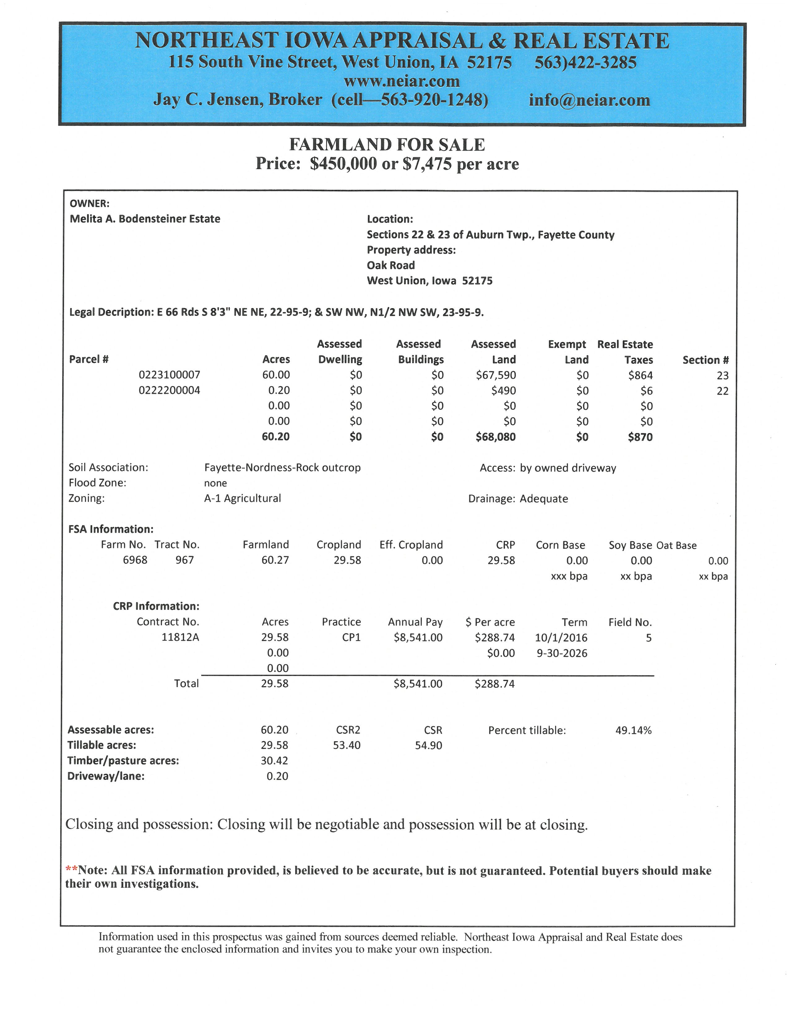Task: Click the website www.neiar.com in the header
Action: [402, 81]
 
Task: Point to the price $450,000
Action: [343, 164]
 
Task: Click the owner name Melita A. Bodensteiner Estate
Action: [145, 219]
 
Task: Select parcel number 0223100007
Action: [169, 375]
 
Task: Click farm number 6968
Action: [135, 560]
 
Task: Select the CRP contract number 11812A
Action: [180, 637]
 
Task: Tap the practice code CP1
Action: [351, 637]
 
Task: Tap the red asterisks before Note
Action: [71, 869]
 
